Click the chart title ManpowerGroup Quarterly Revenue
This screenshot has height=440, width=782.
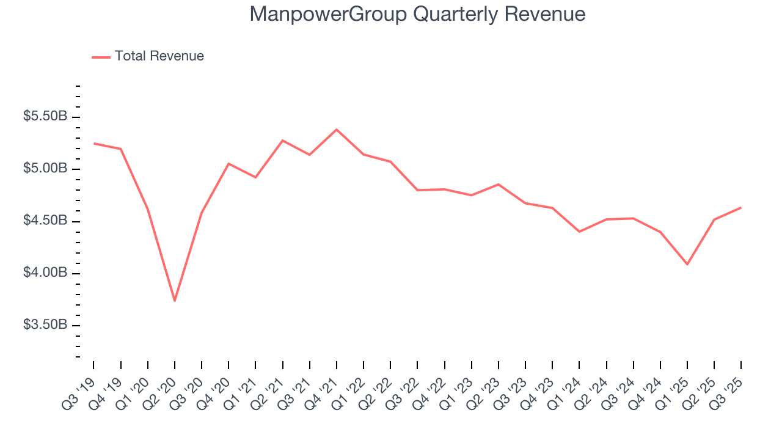(x=417, y=14)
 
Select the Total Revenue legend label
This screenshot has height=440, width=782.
(x=159, y=56)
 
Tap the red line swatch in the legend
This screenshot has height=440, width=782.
(x=101, y=57)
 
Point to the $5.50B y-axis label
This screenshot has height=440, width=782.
(x=45, y=117)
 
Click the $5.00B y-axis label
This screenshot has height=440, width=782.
(x=45, y=169)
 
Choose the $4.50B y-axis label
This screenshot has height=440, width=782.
(x=45, y=221)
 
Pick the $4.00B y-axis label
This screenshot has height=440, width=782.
(x=45, y=273)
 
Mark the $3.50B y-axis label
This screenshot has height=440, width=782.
(x=45, y=324)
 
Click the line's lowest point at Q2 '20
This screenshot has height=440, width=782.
(x=175, y=301)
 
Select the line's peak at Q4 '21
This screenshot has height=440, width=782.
(x=337, y=130)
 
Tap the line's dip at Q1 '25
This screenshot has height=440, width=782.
(x=687, y=264)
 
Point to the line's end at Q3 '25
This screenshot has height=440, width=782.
(x=741, y=208)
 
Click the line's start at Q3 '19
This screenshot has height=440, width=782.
(x=94, y=144)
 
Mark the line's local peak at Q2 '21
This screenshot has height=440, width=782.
(x=283, y=141)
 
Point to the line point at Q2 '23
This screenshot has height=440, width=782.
(x=499, y=184)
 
